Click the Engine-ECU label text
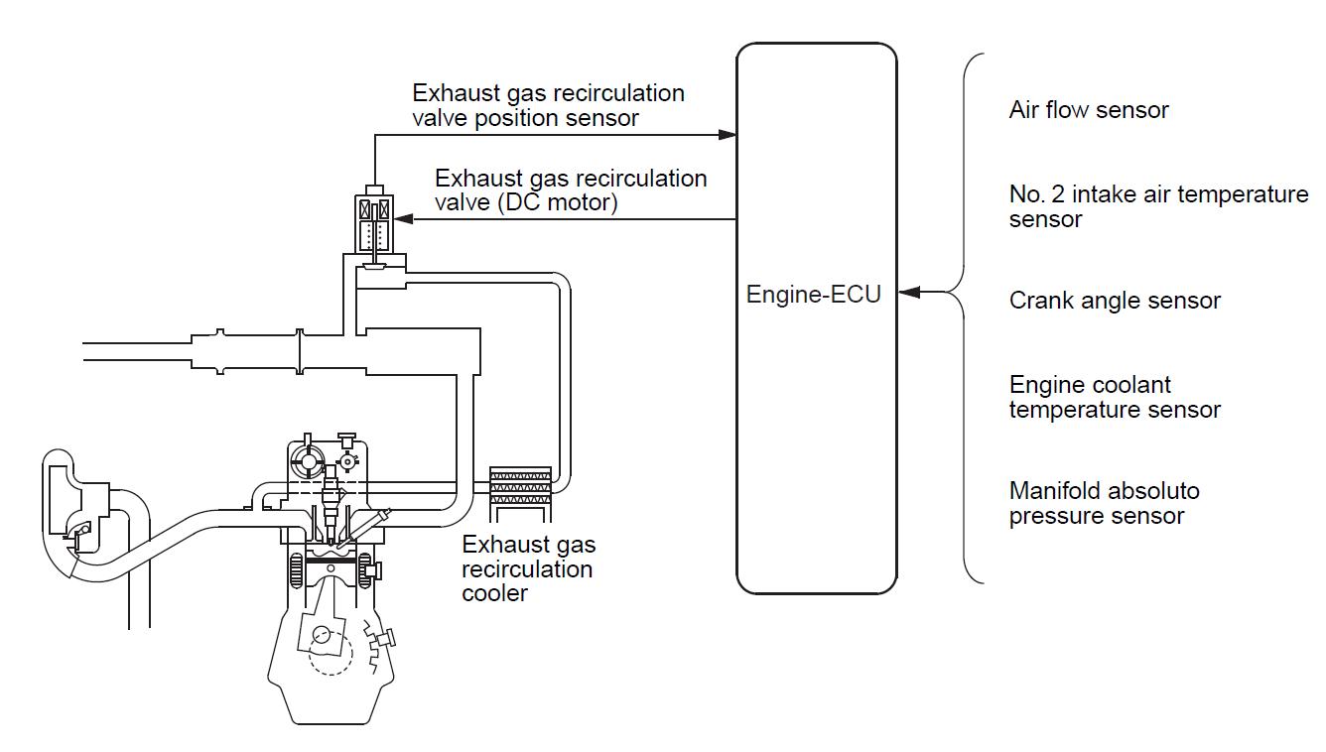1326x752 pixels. (814, 295)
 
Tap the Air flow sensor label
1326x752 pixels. (1089, 110)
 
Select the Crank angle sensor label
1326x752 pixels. (1115, 301)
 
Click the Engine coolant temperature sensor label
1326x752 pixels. (1115, 397)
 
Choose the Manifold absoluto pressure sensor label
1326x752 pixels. (1104, 503)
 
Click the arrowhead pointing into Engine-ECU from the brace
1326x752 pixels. (909, 293)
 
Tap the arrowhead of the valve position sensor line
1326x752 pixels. (729, 134)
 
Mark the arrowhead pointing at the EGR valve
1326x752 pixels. (401, 219)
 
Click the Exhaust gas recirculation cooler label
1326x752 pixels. (528, 568)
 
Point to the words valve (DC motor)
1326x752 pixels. (526, 203)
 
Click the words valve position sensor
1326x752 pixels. (525, 118)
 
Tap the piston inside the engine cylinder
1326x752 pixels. (331, 563)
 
